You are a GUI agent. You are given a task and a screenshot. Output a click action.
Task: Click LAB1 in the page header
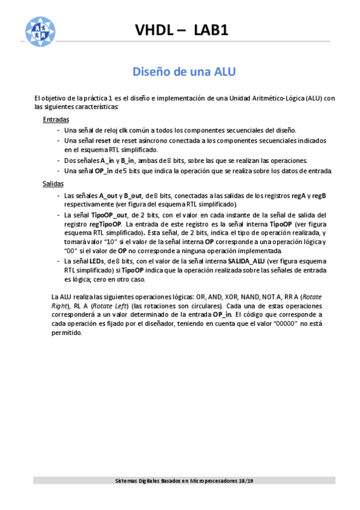(x=211, y=31)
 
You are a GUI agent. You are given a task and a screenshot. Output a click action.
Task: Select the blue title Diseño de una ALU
(x=184, y=72)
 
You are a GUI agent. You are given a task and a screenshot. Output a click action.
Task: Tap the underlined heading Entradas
(x=56, y=120)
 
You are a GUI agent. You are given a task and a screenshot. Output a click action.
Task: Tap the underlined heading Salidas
(x=53, y=183)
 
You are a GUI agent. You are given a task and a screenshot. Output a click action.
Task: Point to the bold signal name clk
(x=123, y=130)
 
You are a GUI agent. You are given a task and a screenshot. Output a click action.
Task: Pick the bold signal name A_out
(x=109, y=195)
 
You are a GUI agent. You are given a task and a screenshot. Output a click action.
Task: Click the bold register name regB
(x=317, y=195)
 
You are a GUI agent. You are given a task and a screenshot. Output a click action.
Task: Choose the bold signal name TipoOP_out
(x=126, y=215)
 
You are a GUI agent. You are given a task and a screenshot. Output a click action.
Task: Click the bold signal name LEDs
(x=95, y=261)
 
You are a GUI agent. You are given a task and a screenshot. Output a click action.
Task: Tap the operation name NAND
(x=252, y=296)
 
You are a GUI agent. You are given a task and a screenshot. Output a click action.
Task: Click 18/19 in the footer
(x=246, y=481)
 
